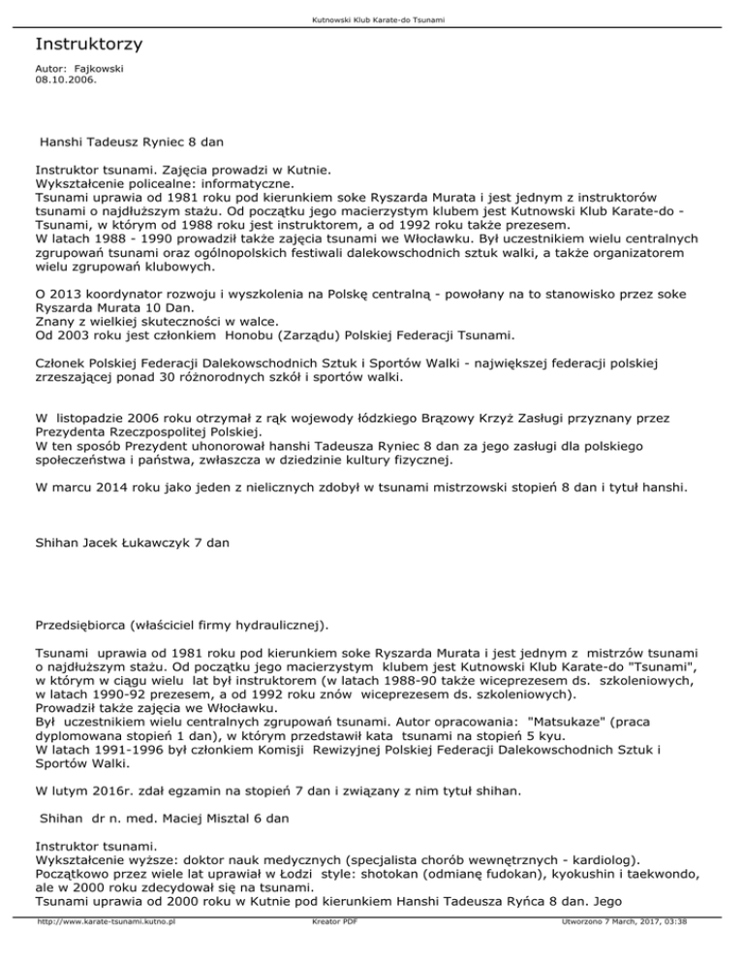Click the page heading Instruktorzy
(89, 45)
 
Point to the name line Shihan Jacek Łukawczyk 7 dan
(132, 544)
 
